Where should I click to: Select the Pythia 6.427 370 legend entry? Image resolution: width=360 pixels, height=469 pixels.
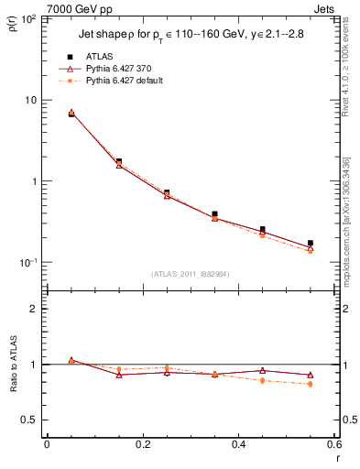(116, 69)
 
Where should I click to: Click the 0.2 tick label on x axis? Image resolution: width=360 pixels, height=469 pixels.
(142, 444)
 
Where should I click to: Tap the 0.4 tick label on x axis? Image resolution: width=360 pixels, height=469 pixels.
(238, 444)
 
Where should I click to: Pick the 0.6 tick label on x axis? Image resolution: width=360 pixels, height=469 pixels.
(333, 444)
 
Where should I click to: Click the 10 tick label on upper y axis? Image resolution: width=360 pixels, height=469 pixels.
(30, 100)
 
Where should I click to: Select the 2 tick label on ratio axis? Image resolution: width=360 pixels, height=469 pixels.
(35, 309)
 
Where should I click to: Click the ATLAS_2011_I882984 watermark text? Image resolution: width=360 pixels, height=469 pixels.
(190, 273)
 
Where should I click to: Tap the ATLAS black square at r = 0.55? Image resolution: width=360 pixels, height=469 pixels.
(311, 244)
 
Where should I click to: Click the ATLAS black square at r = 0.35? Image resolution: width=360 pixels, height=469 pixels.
(214, 214)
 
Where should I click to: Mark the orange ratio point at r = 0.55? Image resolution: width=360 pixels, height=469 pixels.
(311, 384)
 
